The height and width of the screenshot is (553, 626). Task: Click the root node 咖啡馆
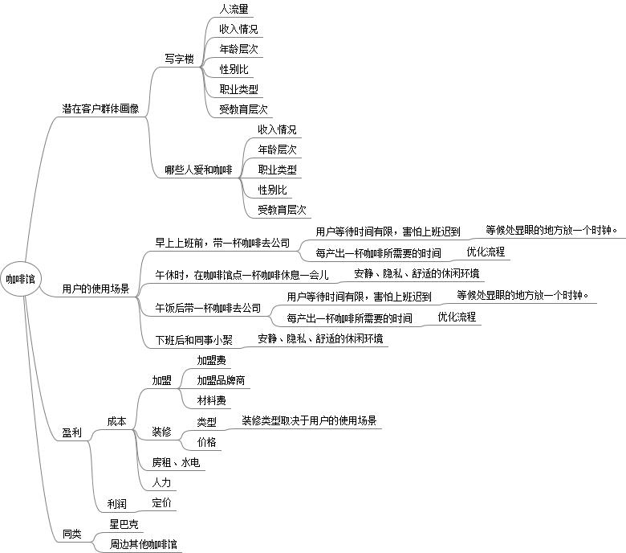pos(20,279)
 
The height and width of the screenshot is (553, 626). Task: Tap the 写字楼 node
pos(179,59)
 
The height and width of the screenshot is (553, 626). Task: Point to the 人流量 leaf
pos(234,10)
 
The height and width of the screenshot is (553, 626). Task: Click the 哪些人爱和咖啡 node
pos(198,170)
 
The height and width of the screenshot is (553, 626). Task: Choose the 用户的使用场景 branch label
pos(96,289)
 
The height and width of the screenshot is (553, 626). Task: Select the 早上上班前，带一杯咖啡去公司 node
pos(222,242)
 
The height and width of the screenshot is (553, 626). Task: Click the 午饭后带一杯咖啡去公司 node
pos(208,307)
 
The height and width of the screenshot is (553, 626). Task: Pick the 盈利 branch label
pos(72,432)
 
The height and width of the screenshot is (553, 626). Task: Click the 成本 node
pos(116,421)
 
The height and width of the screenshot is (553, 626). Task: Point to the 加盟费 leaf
pos(211,360)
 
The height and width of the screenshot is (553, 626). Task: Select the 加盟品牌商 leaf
pos(221,380)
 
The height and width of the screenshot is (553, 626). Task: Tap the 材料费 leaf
pos(211,400)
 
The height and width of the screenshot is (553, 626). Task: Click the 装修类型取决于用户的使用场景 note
pos(309,420)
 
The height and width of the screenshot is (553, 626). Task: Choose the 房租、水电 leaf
pos(176,463)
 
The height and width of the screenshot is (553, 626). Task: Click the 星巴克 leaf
pos(124,524)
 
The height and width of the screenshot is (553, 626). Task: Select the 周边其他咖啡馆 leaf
pos(144,544)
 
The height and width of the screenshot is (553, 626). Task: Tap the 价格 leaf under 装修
pos(206,442)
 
